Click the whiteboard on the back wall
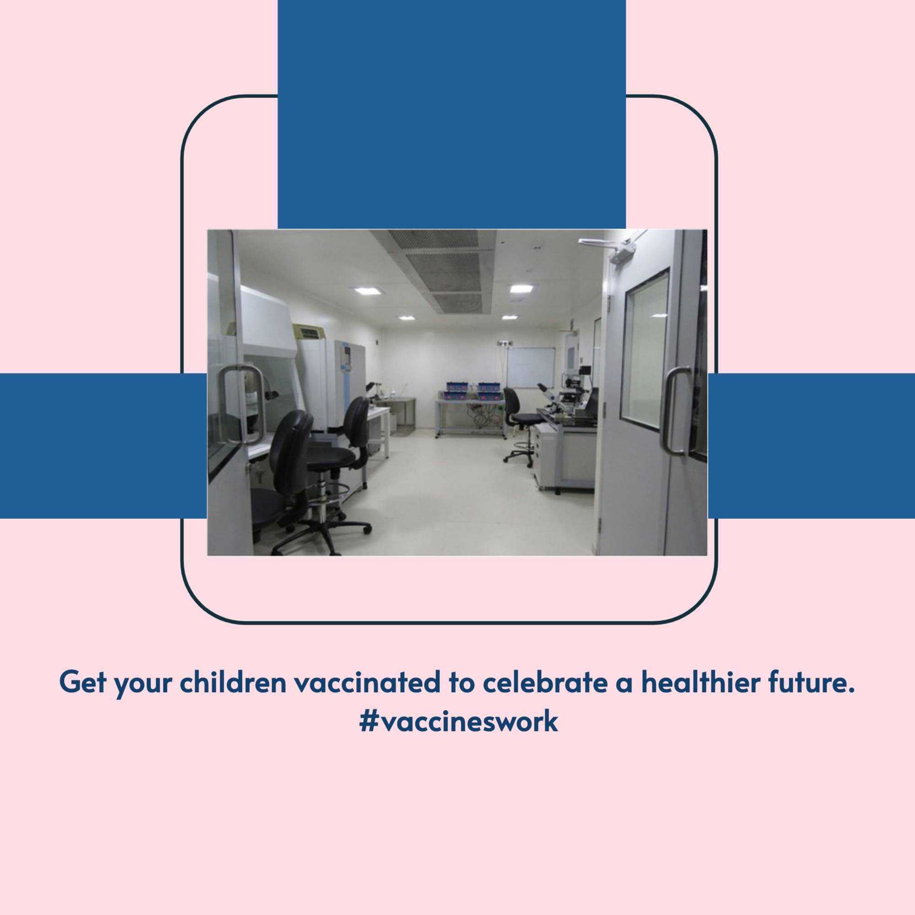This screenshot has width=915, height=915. tap(531, 367)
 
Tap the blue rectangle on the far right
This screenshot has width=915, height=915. tap(811, 446)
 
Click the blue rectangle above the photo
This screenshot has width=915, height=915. tap(452, 114)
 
